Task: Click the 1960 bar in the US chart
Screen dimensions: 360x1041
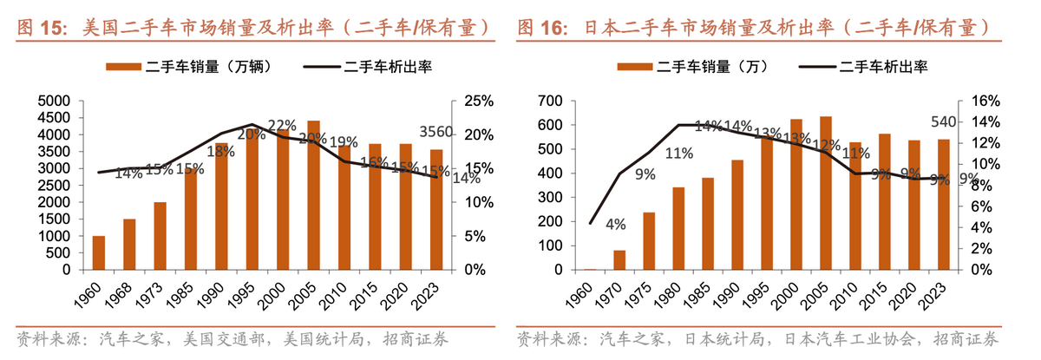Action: coord(98,252)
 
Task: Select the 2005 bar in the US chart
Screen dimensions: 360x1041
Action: coord(313,195)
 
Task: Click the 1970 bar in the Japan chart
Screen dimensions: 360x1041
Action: coord(619,259)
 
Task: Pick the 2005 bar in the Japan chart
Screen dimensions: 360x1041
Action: coord(825,193)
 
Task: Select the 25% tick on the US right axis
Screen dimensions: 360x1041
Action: coord(479,101)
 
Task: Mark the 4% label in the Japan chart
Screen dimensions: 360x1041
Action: coord(616,225)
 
